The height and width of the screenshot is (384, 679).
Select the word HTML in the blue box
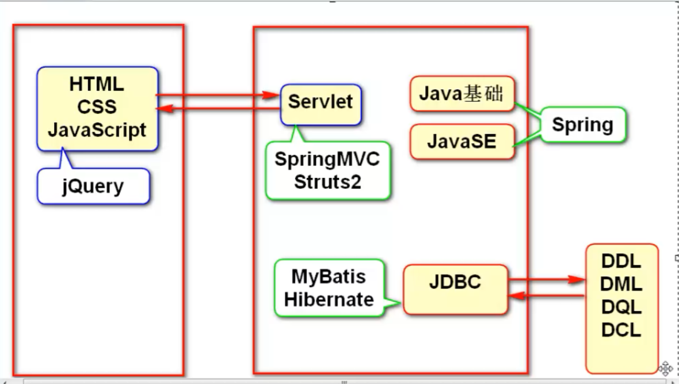97,84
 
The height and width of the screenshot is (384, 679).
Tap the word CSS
97,107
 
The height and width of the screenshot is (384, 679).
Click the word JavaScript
97,130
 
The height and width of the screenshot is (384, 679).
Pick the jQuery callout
93,187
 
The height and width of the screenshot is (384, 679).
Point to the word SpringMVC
327,159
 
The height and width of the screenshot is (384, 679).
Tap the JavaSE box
461,141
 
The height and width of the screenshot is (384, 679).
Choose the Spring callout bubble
582,124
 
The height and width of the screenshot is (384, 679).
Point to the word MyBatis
328,277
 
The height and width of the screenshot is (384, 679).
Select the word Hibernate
329,299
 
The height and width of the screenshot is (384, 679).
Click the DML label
621,284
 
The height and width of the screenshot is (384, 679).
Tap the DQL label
621,307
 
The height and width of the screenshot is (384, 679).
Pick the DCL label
621,330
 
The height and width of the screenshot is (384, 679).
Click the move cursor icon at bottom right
665,368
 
